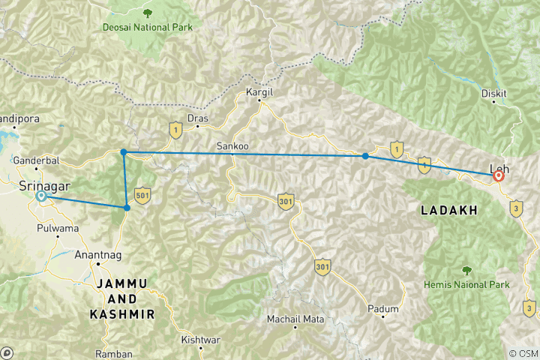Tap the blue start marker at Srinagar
click(41, 196)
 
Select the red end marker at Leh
click(498, 176)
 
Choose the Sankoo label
click(232, 145)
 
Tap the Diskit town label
click(494, 93)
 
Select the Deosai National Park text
click(148, 28)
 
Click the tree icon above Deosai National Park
click(148, 13)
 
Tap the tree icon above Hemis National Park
click(466, 270)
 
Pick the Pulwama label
click(56, 228)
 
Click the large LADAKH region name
click(448, 211)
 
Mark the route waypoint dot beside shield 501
click(127, 207)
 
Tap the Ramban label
click(114, 354)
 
